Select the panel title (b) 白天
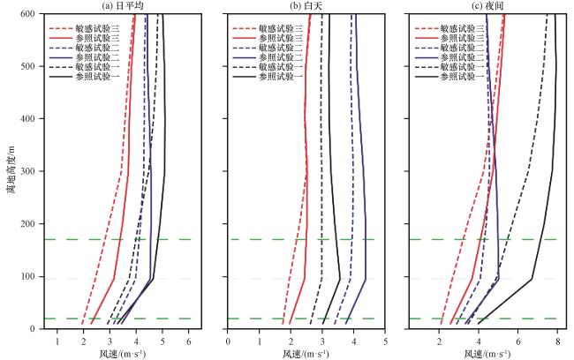(x=305, y=5)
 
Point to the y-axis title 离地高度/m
(x=12, y=168)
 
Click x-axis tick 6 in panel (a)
(x=189, y=341)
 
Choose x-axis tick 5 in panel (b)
(x=385, y=341)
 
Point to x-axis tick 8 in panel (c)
(x=557, y=341)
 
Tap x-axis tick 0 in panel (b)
(x=228, y=341)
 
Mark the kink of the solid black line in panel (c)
(x=532, y=279)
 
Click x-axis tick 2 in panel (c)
(x=439, y=341)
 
